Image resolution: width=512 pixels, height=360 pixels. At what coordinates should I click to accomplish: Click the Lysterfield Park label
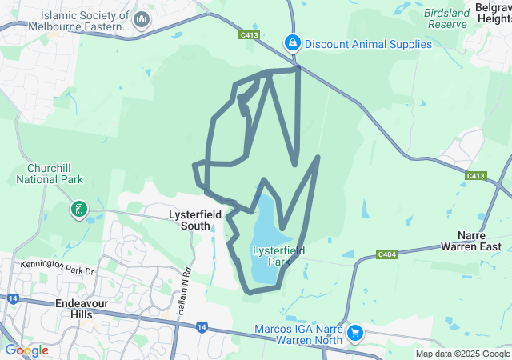(x=278, y=256)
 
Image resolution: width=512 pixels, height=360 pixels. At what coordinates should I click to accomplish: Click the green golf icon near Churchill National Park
(x=79, y=210)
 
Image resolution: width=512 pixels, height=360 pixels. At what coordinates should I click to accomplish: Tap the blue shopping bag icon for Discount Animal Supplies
(x=293, y=43)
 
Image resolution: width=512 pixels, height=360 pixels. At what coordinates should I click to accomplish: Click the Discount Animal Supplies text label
(x=368, y=44)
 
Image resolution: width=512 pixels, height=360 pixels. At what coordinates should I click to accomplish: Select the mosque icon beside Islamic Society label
(x=142, y=19)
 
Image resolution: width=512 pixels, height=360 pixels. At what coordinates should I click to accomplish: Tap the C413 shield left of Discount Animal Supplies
(x=249, y=35)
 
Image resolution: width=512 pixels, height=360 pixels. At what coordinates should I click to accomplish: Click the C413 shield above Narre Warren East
(x=476, y=176)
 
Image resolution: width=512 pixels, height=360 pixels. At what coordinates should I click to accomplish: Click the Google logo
(x=27, y=350)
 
